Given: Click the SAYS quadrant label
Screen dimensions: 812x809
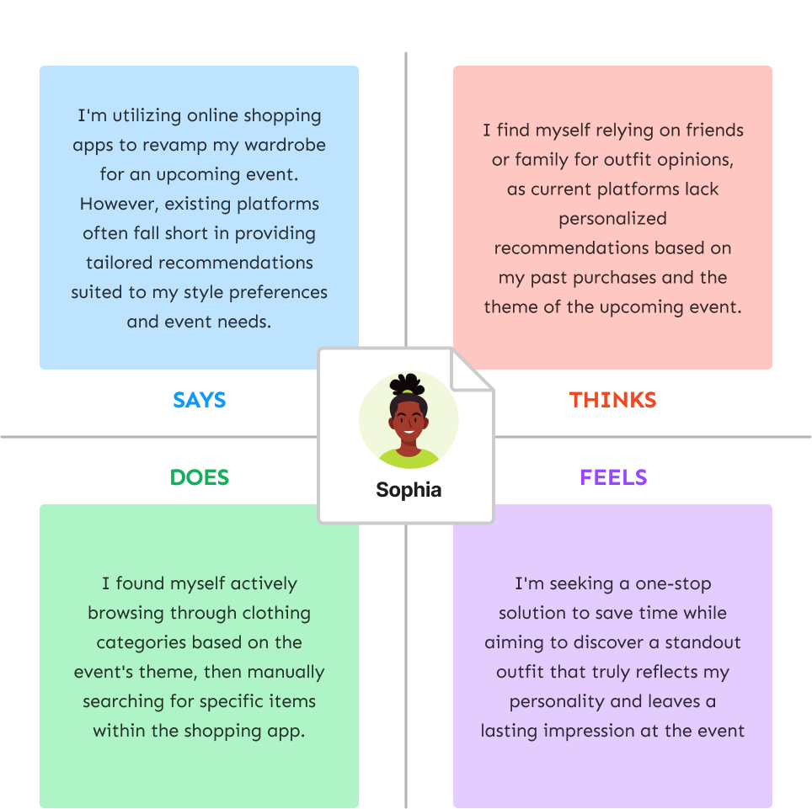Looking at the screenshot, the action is tap(199, 400).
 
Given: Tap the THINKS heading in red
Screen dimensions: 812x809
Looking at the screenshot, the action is tap(612, 400).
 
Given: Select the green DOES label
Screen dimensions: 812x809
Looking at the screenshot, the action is tap(200, 477).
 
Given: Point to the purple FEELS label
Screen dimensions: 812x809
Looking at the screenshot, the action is tap(613, 477).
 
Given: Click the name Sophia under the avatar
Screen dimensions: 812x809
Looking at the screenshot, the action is tap(409, 490).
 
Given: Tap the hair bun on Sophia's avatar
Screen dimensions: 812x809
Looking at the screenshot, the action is tap(408, 383).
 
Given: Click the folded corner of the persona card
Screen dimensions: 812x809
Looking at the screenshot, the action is tap(472, 370).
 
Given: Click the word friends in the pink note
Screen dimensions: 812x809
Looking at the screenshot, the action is tap(711, 130).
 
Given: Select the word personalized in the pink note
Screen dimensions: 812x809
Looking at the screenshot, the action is tap(612, 218).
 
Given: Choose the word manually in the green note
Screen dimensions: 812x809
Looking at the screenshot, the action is tap(285, 672).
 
